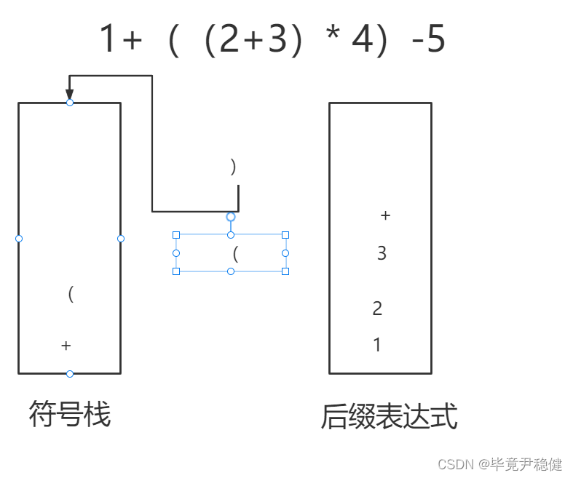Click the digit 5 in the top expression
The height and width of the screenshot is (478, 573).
(435, 41)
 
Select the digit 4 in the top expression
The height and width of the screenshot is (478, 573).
(362, 41)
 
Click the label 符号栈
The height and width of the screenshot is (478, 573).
(70, 415)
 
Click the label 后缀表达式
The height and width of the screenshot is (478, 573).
(389, 418)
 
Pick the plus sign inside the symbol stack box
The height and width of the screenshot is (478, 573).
(66, 345)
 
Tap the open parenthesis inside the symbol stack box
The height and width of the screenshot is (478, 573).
(71, 294)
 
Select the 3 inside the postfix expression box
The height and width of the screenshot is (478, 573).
(382, 253)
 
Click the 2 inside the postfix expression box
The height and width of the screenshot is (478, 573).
(377, 308)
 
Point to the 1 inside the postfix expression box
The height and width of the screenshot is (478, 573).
(377, 345)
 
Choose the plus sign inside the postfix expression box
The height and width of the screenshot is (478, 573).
(386, 215)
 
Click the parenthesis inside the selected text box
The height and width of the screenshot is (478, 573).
(235, 254)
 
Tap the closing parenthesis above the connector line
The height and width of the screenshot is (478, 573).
(233, 167)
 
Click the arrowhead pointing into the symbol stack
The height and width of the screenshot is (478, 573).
(70, 95)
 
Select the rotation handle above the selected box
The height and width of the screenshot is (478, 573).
(231, 217)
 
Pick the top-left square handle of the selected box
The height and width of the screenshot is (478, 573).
(175, 235)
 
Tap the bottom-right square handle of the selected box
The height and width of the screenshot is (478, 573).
(285, 271)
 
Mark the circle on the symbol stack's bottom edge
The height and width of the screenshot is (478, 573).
(70, 374)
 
